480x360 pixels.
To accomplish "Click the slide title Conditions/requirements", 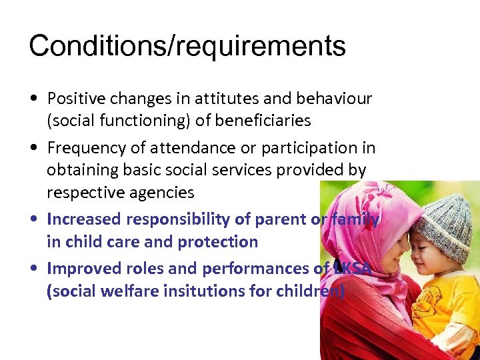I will coord(187,46).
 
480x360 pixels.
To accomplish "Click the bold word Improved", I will coord(83,268).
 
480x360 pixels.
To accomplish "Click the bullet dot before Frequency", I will coord(33,149).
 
